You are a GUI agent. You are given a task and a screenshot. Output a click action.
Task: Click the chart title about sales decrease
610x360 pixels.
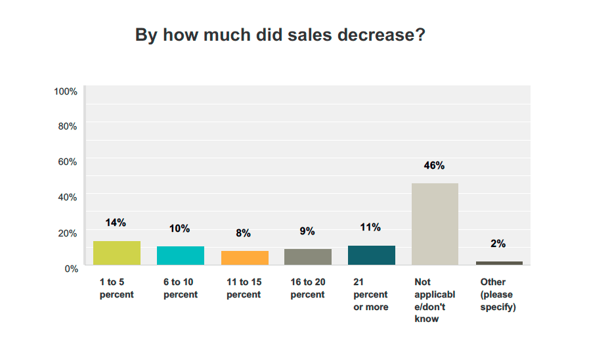coord(280,35)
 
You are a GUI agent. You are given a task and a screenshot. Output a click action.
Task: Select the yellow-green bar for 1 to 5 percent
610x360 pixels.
coord(117,253)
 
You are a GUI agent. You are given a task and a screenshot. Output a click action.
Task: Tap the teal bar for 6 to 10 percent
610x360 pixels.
coord(181,256)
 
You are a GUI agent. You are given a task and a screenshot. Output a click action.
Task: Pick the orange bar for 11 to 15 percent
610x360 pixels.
coord(244,258)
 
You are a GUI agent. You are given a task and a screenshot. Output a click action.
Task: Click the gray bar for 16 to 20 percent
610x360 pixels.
coord(308,257)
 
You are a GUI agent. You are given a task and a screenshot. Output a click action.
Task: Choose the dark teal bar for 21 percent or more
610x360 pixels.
coord(372,255)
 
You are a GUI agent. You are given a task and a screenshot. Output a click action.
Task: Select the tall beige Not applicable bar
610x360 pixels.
coord(435,224)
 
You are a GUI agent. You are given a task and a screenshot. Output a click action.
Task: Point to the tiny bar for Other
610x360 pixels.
coord(499,263)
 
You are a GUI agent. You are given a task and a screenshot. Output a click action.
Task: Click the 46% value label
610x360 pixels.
coord(434,166)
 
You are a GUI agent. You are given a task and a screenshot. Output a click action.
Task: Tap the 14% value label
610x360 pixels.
coord(116,223)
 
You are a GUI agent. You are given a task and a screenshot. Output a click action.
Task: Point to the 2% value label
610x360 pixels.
coord(498,244)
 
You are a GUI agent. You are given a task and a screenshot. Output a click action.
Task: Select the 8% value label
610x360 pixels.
coord(244,233)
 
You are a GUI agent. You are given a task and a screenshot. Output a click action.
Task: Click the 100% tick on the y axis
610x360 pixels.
coord(66,91)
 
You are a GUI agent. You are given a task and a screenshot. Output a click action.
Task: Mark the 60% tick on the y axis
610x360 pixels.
coord(68,162)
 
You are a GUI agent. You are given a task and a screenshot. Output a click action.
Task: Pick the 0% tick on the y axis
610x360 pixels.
coord(71,268)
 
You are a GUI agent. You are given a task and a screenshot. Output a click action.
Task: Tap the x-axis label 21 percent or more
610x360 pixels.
coord(371,294)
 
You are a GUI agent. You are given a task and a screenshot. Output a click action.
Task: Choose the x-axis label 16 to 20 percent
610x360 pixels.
coord(308,288)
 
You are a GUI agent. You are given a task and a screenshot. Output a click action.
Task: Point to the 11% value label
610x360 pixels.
coord(370,227)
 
